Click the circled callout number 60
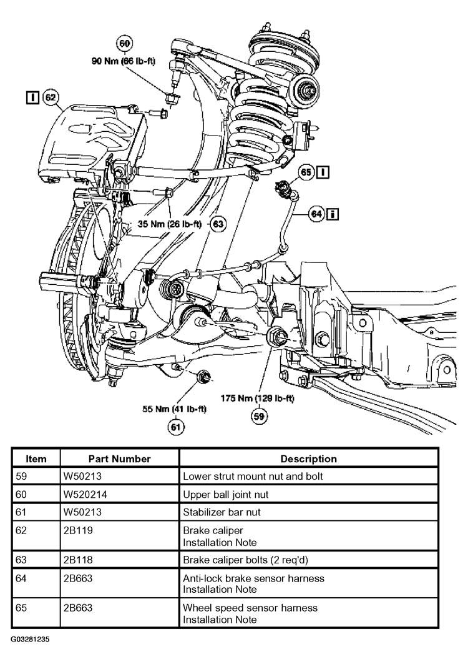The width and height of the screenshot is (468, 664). (x=124, y=44)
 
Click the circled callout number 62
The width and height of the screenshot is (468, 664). (x=51, y=97)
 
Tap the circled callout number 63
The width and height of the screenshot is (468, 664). (x=218, y=223)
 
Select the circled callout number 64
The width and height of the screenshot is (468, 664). (x=317, y=214)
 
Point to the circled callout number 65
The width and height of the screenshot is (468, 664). (x=306, y=172)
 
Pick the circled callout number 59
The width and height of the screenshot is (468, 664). (x=258, y=416)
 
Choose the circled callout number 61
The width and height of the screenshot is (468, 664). (x=175, y=427)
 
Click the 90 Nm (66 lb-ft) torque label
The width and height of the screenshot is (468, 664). (x=124, y=61)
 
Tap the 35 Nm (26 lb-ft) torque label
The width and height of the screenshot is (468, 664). (x=170, y=224)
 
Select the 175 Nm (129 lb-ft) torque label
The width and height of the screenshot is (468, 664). (x=257, y=398)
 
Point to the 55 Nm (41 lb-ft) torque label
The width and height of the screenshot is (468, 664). (x=174, y=409)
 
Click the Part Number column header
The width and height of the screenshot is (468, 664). (x=119, y=458)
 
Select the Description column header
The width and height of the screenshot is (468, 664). (x=308, y=458)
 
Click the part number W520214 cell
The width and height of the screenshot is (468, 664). (x=85, y=494)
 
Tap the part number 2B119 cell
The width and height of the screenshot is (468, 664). (x=78, y=530)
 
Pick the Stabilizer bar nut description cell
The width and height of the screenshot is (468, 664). (x=222, y=512)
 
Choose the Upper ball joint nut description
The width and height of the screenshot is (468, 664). (x=225, y=494)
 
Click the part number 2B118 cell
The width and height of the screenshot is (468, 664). (x=78, y=560)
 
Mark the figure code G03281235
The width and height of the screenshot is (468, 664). (x=30, y=639)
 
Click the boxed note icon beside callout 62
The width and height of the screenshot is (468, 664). (x=32, y=97)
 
